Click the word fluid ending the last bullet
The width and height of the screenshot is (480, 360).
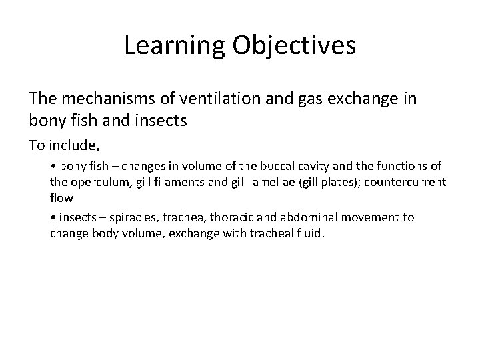[310, 234]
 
